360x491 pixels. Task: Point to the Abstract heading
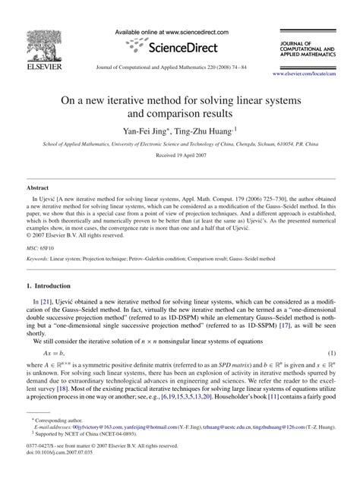click(x=38, y=186)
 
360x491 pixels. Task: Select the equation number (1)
click(x=332, y=354)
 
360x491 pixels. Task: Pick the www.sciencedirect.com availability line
click(x=179, y=33)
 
